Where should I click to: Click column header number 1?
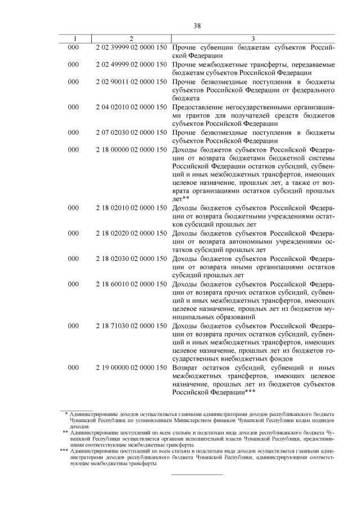pos(74,38)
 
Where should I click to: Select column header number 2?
pos(131,38)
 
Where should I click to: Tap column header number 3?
pos(254,38)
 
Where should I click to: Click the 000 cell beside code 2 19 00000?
pos(74,367)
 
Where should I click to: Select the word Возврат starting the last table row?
pos(186,367)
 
